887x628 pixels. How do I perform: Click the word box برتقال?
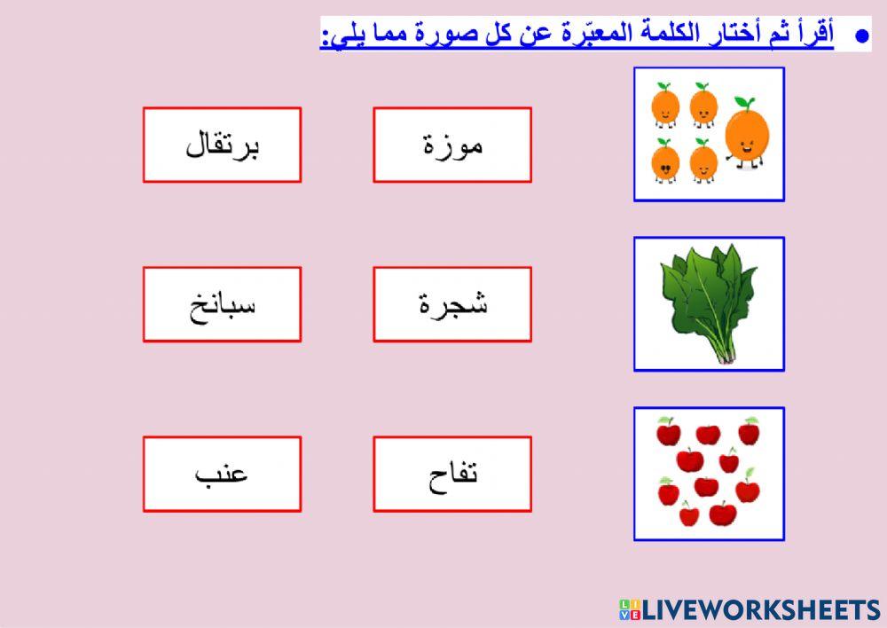[222, 145]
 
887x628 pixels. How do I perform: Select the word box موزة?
[452, 145]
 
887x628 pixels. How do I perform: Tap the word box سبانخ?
[222, 304]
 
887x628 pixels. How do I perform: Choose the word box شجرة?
[452, 304]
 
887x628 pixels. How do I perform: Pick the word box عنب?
[222, 474]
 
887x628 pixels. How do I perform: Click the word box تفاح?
[452, 474]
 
